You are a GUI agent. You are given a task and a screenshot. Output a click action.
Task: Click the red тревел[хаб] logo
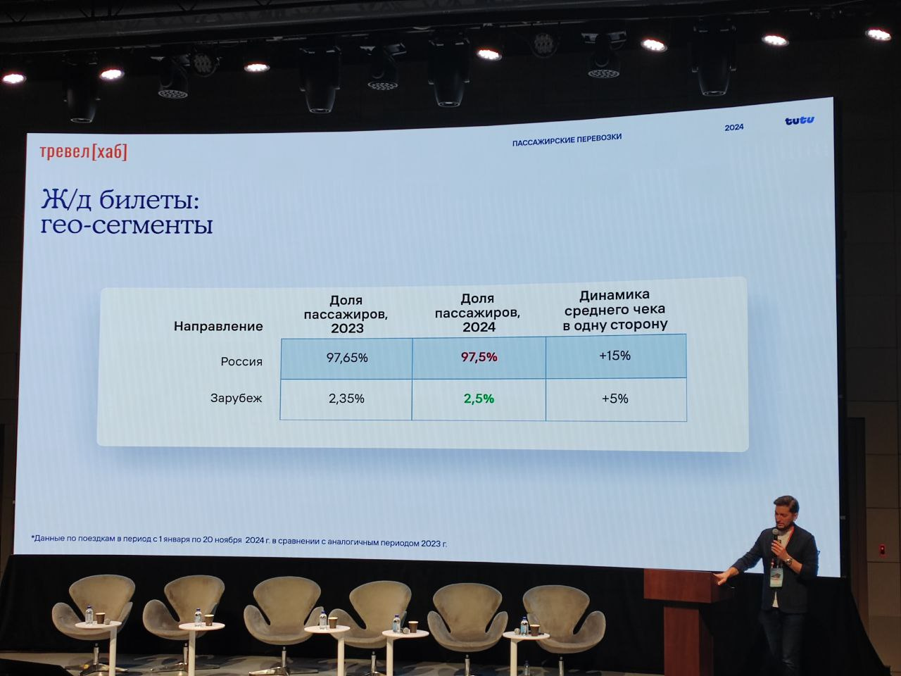(x=84, y=152)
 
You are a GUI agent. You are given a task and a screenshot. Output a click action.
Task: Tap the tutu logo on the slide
(x=799, y=120)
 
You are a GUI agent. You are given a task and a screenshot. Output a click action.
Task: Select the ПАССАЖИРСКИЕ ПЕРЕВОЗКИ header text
(x=567, y=140)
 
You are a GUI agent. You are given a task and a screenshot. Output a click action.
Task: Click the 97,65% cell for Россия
(x=347, y=358)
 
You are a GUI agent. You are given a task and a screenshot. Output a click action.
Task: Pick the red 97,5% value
(x=479, y=357)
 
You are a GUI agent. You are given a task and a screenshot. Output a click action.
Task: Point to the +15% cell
(x=615, y=356)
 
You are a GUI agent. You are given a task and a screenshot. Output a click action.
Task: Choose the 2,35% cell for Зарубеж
(x=346, y=399)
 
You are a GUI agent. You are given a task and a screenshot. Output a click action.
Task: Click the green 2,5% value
(x=479, y=399)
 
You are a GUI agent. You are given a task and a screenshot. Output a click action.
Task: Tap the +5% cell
(x=615, y=399)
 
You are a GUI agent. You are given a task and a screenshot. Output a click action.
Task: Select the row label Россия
(x=241, y=362)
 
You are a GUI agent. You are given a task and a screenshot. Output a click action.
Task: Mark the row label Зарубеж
(x=236, y=398)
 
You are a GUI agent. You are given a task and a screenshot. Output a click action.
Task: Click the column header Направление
(x=218, y=326)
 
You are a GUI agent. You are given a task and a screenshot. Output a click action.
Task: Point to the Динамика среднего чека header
(x=615, y=311)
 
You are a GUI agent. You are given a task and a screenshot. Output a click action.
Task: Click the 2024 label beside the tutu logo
(x=734, y=127)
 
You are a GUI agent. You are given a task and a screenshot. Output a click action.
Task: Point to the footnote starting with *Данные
(x=239, y=541)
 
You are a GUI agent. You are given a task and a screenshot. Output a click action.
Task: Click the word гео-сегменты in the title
(x=127, y=225)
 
